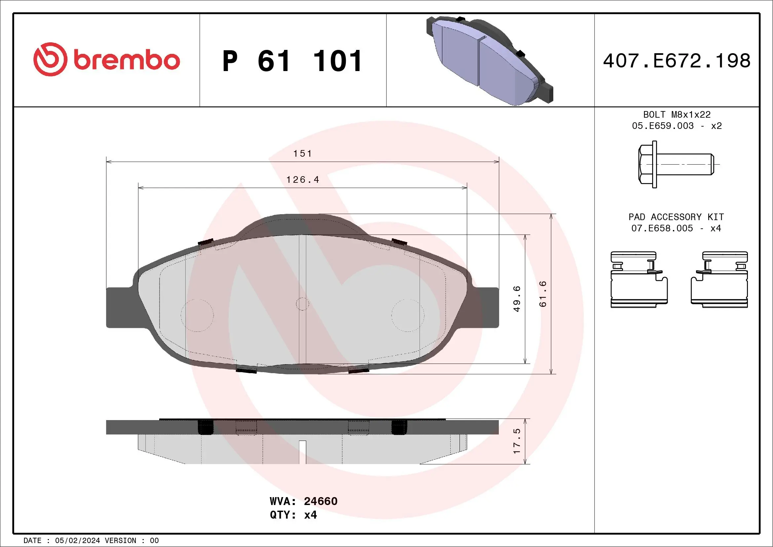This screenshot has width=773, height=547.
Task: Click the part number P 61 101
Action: tap(292, 61)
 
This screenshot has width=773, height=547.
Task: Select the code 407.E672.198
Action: tap(677, 61)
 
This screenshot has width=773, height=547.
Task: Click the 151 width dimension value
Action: tap(303, 154)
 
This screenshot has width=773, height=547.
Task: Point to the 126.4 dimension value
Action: tap(303, 180)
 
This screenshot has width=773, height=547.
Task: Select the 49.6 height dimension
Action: tap(517, 299)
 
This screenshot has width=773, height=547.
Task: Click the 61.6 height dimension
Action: tap(543, 294)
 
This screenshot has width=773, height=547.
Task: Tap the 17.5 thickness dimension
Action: tap(517, 441)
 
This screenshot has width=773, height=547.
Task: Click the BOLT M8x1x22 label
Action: tap(677, 114)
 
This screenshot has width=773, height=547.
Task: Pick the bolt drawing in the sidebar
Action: tap(676, 164)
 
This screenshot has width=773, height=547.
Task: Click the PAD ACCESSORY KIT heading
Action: tap(676, 217)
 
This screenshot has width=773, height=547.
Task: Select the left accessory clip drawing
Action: tap(638, 279)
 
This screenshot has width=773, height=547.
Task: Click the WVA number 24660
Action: tap(320, 501)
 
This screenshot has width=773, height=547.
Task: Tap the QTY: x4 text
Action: tap(293, 515)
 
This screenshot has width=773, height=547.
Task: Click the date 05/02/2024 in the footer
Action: tap(77, 541)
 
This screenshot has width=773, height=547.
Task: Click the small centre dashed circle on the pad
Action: tap(302, 304)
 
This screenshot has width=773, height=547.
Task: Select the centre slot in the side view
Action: tap(302, 452)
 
